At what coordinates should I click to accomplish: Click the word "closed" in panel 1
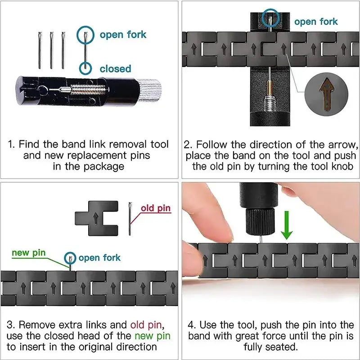115,69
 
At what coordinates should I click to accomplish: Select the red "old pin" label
156,208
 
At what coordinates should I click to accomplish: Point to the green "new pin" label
29,252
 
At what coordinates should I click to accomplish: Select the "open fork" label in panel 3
99,258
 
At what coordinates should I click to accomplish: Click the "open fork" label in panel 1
123,35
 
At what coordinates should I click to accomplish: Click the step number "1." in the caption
12,145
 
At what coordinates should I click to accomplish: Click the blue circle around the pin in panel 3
70,258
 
